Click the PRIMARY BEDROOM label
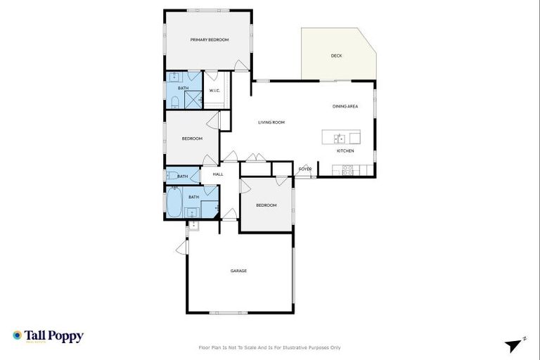210,40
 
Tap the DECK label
337,56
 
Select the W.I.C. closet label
215,90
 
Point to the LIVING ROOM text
271,123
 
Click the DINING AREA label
345,106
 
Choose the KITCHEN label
345,151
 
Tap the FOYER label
305,169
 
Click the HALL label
218,174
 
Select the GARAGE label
238,271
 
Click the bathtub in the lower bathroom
174,205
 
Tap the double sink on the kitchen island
339,139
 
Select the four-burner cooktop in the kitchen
347,169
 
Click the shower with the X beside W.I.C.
195,100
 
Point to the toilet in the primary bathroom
174,103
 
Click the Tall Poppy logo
48,336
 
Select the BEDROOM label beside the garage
266,205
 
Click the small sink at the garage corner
193,226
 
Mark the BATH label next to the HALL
183,176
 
